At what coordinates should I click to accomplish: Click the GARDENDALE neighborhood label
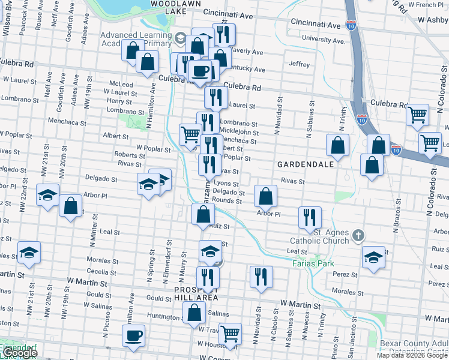tap(301, 164)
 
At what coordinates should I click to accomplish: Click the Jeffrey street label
tap(299, 64)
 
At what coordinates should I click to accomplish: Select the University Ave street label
tap(324, 40)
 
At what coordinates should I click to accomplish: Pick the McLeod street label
tap(121, 84)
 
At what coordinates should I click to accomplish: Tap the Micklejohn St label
tap(239, 132)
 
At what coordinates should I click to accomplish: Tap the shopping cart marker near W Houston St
tap(230, 334)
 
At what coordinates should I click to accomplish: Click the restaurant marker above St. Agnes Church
tap(310, 217)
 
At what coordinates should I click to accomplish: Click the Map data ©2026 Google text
tap(412, 355)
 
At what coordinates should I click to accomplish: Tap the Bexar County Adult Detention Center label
tap(414, 347)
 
